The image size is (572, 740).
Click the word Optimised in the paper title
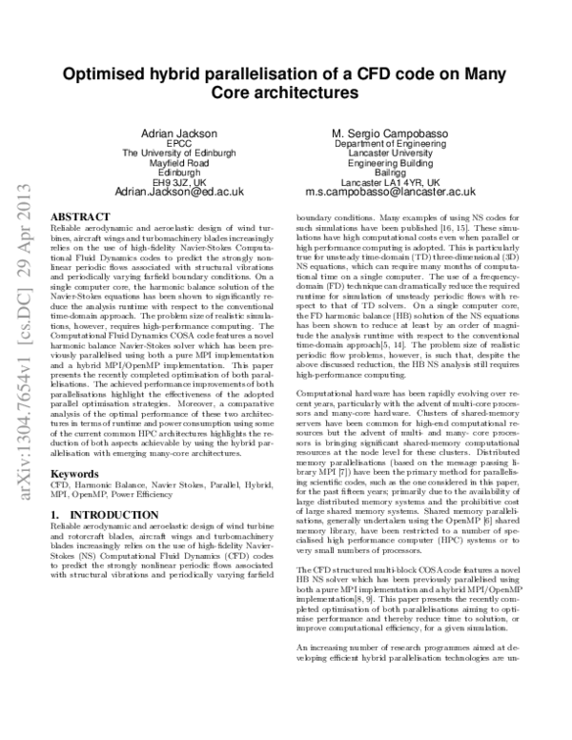coord(104,74)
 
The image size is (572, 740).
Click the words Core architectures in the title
coord(284,93)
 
